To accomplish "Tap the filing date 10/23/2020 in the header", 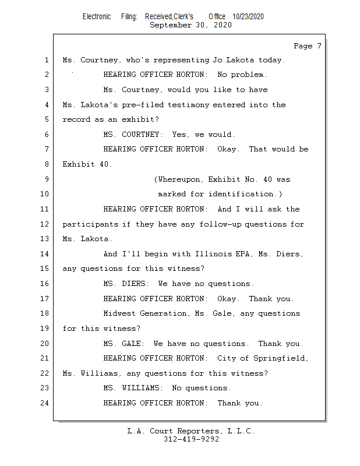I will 248,17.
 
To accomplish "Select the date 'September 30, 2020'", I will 190,25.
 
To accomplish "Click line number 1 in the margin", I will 46,60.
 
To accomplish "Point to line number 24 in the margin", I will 44,403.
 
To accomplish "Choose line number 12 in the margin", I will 44,224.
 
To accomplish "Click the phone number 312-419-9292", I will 191,439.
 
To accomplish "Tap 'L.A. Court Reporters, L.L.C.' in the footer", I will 190,431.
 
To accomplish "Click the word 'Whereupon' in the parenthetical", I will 179,179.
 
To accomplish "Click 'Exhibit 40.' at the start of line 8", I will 87,164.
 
